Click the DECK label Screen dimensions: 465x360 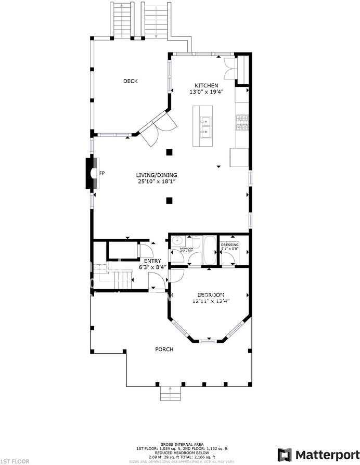pyautogui.click(x=130, y=81)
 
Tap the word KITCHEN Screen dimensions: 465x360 pyautogui.click(x=206, y=86)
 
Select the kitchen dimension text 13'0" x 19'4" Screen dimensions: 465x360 pyautogui.click(x=206, y=92)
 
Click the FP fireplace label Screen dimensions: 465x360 pyautogui.click(x=102, y=173)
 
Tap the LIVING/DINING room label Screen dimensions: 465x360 pyautogui.click(x=157, y=175)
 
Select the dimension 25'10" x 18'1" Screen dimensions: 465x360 pyautogui.click(x=157, y=182)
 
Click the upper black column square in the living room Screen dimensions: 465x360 pyautogui.click(x=169, y=152)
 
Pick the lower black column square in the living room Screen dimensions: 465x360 pyautogui.click(x=169, y=200)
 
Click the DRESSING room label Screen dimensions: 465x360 pyautogui.click(x=229, y=244)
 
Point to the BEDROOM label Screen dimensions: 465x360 pyautogui.click(x=211, y=294)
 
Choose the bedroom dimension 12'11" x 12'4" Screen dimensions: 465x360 pyautogui.click(x=211, y=301)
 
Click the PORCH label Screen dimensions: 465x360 pyautogui.click(x=164, y=349)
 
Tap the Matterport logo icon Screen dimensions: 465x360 pyautogui.click(x=285, y=454)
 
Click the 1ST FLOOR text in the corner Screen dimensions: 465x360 pyautogui.click(x=15, y=461)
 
